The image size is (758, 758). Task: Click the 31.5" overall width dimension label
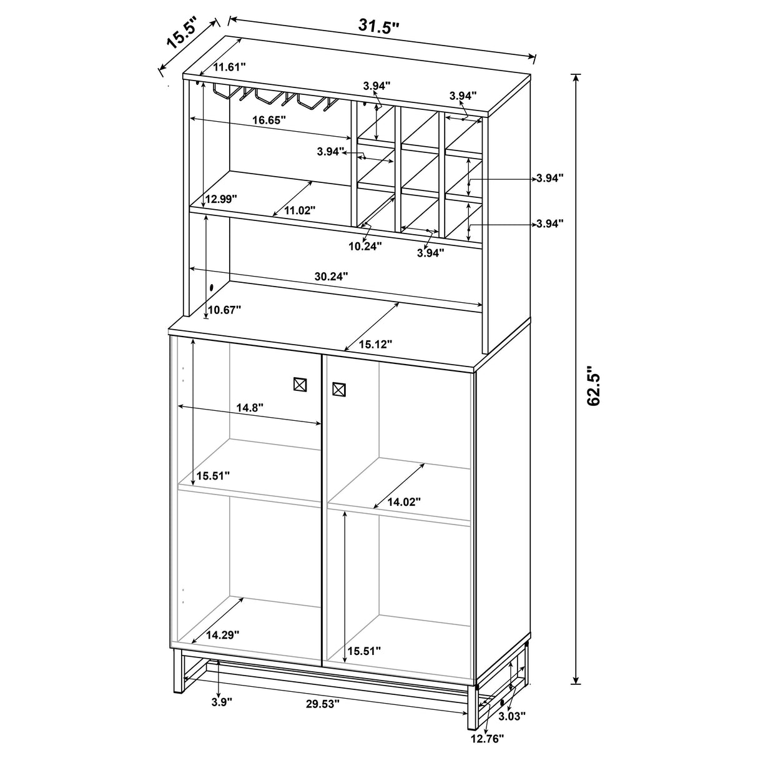pyautogui.click(x=378, y=26)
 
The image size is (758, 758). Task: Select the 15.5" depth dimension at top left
pyautogui.click(x=181, y=34)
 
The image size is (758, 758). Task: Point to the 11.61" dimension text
pyautogui.click(x=230, y=66)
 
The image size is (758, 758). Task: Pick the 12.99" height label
pyautogui.click(x=222, y=199)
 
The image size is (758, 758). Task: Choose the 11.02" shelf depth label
pyautogui.click(x=300, y=210)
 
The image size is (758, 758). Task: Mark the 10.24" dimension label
pyautogui.click(x=365, y=245)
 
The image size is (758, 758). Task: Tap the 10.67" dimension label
pyautogui.click(x=224, y=310)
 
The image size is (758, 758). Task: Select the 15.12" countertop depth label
pyautogui.click(x=376, y=343)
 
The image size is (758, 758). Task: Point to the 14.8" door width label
pyautogui.click(x=250, y=406)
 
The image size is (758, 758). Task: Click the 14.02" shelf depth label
pyautogui.click(x=404, y=501)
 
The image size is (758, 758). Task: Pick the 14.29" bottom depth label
pyautogui.click(x=222, y=634)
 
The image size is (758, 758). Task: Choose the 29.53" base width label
pyautogui.click(x=323, y=704)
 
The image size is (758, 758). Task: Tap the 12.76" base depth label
pyautogui.click(x=487, y=738)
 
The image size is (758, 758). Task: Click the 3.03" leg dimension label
pyautogui.click(x=513, y=716)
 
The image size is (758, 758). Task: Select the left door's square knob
pyautogui.click(x=300, y=385)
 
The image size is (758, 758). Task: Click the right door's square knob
pyautogui.click(x=339, y=390)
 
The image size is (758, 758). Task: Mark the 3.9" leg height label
pyautogui.click(x=222, y=702)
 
